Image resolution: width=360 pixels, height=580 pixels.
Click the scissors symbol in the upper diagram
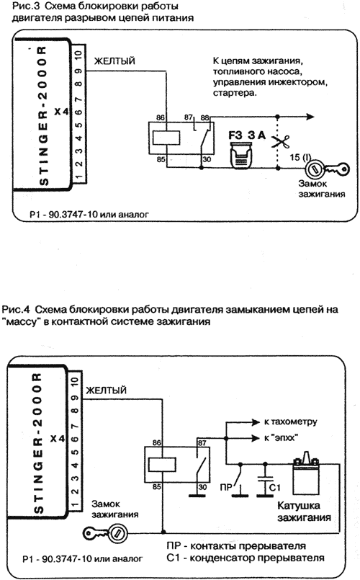tap(281, 142)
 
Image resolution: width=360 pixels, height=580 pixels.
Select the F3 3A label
tap(247, 135)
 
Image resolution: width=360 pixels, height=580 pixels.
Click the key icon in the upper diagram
tap(327, 169)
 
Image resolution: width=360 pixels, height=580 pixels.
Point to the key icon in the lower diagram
tap(106, 533)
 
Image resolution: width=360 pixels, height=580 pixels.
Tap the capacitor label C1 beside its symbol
tap(275, 488)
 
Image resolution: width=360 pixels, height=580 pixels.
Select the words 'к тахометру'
tap(290, 421)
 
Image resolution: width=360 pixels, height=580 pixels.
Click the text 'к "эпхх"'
tap(281, 438)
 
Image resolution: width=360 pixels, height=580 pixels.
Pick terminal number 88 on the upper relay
tap(204, 117)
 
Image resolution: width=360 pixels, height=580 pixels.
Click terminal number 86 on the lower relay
tap(157, 443)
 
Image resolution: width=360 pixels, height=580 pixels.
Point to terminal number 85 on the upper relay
tap(161, 159)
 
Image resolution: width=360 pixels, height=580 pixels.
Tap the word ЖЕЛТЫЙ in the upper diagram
tap(114, 61)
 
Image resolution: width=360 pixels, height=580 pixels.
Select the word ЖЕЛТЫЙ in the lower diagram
tap(106, 391)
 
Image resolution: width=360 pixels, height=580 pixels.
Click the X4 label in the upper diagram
tap(61, 111)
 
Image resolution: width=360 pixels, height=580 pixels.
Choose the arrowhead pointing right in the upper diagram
tap(310, 117)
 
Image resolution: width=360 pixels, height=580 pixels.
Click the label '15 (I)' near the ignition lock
tap(300, 157)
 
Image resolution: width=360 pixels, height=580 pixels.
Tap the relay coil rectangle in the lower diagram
tap(162, 465)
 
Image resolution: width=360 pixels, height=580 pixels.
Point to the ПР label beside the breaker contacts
tap(226, 488)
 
